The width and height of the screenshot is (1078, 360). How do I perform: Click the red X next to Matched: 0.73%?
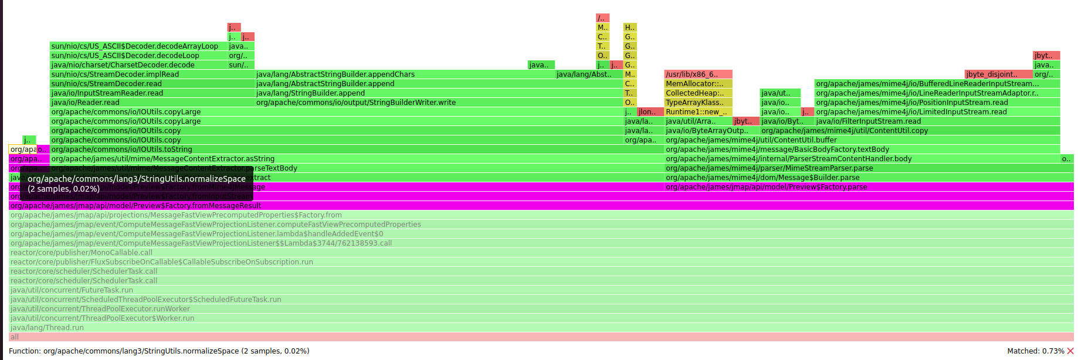tap(1070, 351)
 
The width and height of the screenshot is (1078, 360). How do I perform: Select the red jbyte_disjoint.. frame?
tap(998, 74)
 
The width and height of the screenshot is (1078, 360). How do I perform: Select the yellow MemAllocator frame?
tap(698, 84)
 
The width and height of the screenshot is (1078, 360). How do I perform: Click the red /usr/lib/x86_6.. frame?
tap(698, 74)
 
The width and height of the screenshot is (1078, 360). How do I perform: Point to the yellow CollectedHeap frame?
tap(698, 93)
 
